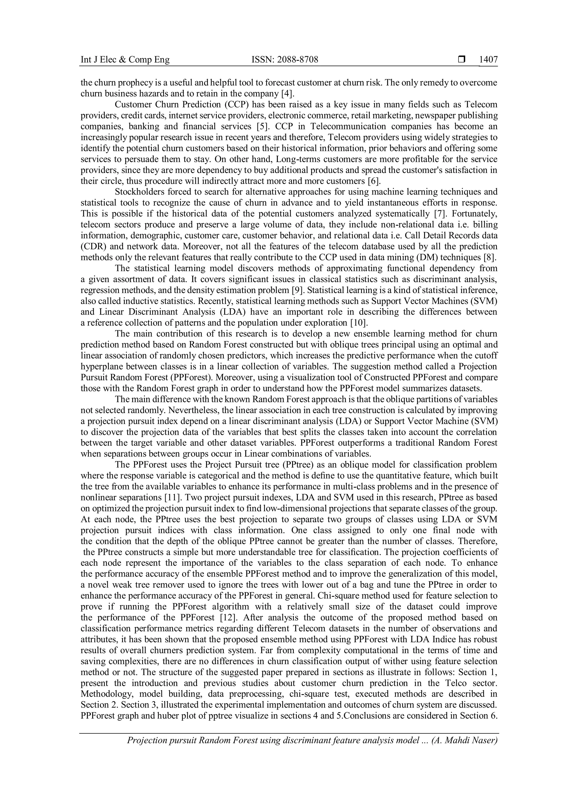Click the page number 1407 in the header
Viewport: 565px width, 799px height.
pyautogui.click(x=488, y=60)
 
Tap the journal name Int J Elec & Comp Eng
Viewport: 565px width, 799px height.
pyautogui.click(x=125, y=60)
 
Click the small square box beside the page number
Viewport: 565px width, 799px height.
pyautogui.click(x=462, y=60)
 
